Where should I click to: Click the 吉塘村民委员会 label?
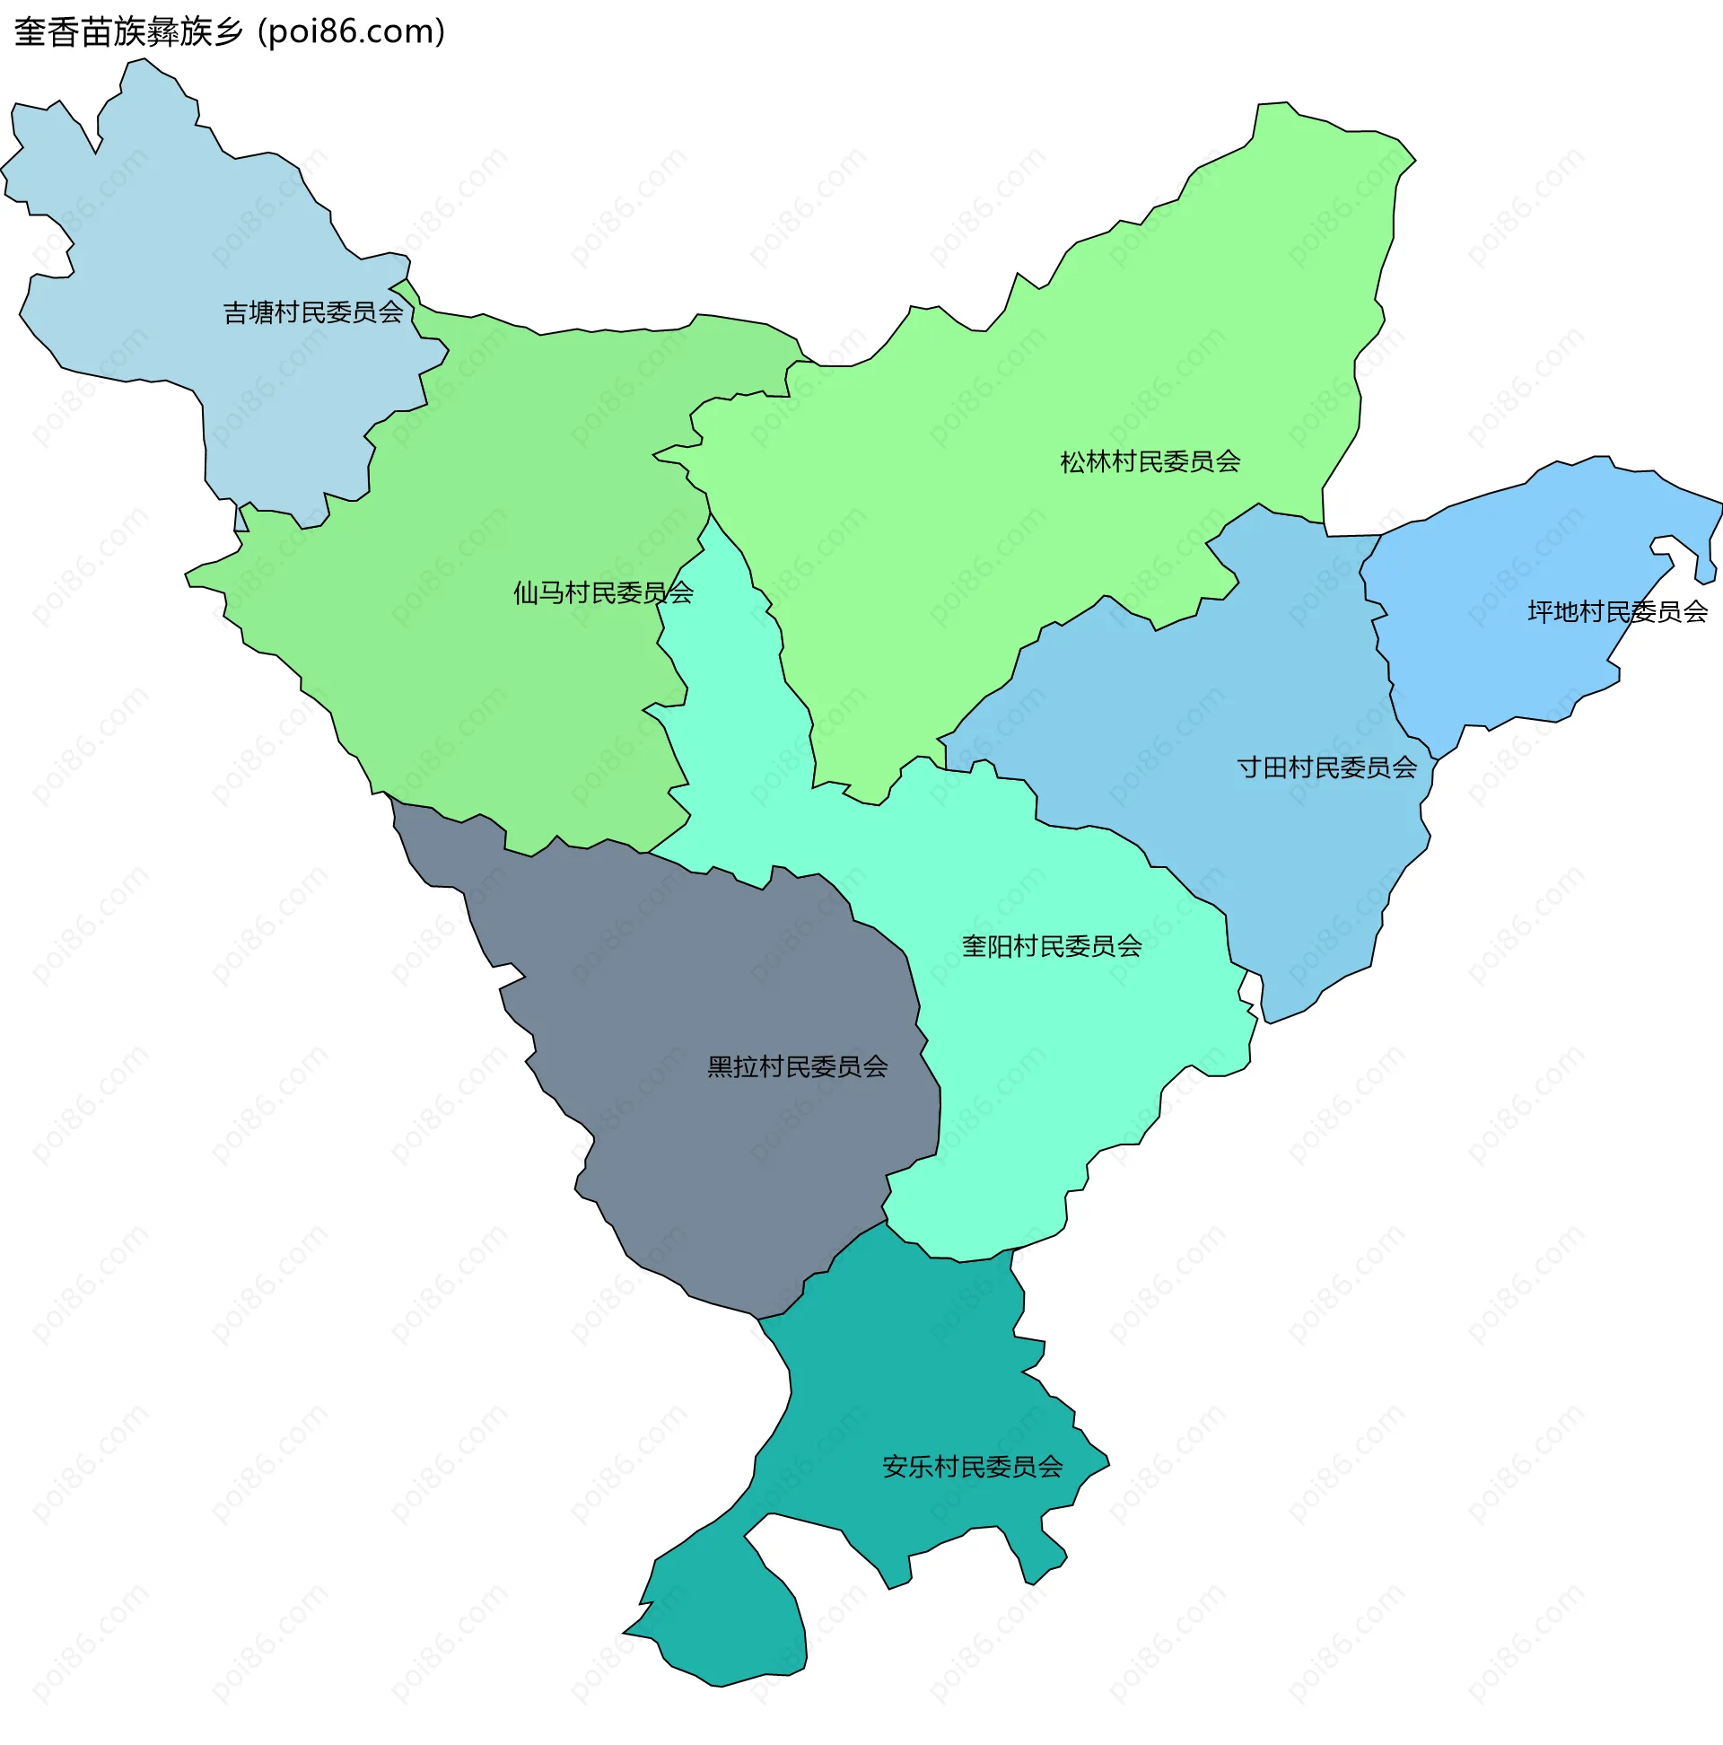click(x=312, y=312)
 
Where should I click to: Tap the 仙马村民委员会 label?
click(x=602, y=593)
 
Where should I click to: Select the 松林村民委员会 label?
click(x=1150, y=462)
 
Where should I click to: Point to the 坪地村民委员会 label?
click(x=1616, y=612)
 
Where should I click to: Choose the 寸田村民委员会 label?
click(x=1326, y=767)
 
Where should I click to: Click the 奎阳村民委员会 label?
click(x=1051, y=947)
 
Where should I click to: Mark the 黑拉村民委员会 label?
click(x=798, y=1066)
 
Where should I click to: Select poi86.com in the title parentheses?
click(x=351, y=32)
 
